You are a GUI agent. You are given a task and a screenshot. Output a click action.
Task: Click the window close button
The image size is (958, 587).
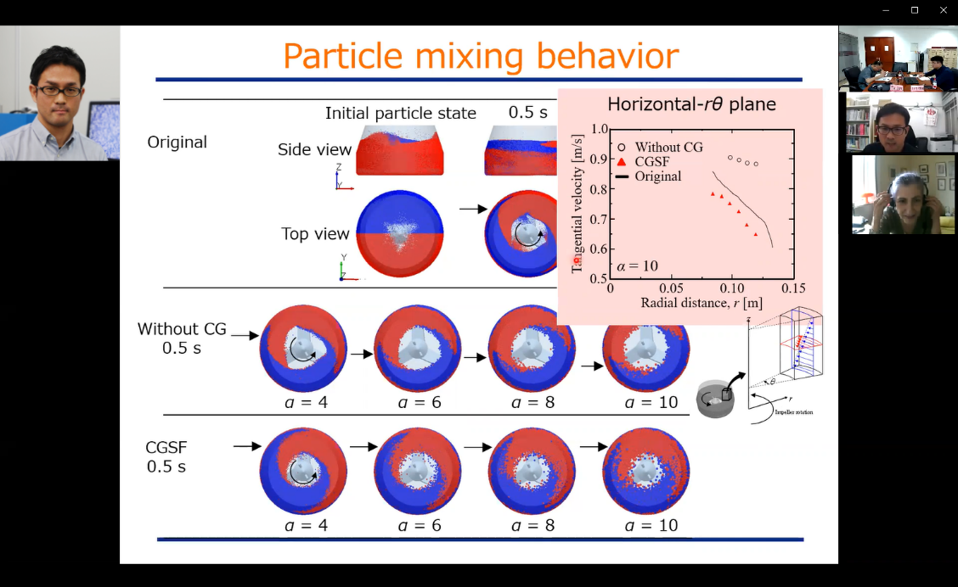pos(943,10)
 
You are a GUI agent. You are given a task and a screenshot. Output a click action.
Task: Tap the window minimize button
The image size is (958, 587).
pos(886,10)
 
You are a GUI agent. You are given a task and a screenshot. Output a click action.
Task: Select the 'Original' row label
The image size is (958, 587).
pos(177,142)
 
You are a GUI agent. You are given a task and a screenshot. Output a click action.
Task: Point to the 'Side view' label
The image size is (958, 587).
pos(314,150)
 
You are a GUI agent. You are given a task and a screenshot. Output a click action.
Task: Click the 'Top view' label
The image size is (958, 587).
pos(315,234)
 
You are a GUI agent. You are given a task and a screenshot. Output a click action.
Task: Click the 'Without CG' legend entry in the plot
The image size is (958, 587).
pos(668,148)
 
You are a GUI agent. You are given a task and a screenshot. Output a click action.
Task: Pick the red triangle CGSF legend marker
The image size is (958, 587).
pos(623,162)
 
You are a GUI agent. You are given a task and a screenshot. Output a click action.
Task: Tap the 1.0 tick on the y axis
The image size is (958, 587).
pos(600,130)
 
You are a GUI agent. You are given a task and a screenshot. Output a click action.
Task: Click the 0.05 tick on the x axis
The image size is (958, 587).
pos(671,288)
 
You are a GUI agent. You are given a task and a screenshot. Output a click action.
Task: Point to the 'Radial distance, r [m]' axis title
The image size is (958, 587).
pos(702,303)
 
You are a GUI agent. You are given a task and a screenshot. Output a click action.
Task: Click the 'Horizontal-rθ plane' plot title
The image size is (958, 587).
pos(691,105)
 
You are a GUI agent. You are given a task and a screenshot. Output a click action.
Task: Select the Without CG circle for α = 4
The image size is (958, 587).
pos(303,348)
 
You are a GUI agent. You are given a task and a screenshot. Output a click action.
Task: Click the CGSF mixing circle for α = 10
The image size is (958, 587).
pos(645,471)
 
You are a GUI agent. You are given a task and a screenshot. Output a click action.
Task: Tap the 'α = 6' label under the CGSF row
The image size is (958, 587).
pos(418,526)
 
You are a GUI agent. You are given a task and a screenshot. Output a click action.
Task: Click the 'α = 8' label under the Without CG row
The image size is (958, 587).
pos(532,402)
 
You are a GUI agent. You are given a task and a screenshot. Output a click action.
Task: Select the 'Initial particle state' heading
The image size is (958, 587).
pos(400,113)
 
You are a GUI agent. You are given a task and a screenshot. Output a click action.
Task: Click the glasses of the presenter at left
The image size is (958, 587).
pos(58,91)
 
